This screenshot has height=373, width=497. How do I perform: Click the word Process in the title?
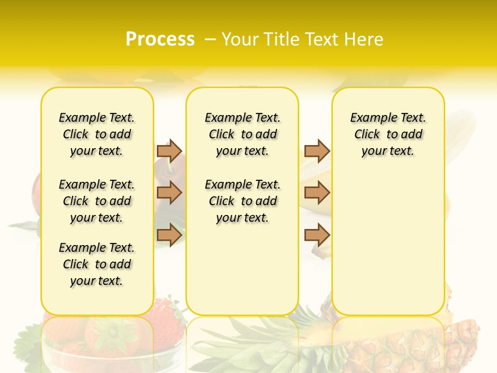coord(160,39)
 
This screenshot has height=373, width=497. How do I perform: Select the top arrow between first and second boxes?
coord(169,151)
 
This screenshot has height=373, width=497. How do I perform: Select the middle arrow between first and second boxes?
coord(169,193)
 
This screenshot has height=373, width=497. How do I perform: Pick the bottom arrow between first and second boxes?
coord(169,235)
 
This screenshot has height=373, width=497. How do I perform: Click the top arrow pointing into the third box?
coord(317,151)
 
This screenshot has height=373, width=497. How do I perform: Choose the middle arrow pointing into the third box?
coord(317,193)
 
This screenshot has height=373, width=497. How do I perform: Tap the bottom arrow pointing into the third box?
coord(317,235)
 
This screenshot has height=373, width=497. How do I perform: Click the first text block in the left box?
coord(97,134)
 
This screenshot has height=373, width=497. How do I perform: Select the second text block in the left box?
coord(97,201)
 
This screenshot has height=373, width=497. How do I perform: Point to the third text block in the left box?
coord(97,264)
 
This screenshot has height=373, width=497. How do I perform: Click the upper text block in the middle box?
coord(242,134)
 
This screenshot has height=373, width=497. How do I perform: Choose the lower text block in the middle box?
coord(242,201)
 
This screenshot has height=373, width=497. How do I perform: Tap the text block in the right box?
coord(388,134)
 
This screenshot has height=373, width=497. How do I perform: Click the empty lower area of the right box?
coord(388,249)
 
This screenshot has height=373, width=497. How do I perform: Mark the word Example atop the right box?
coord(368,118)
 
